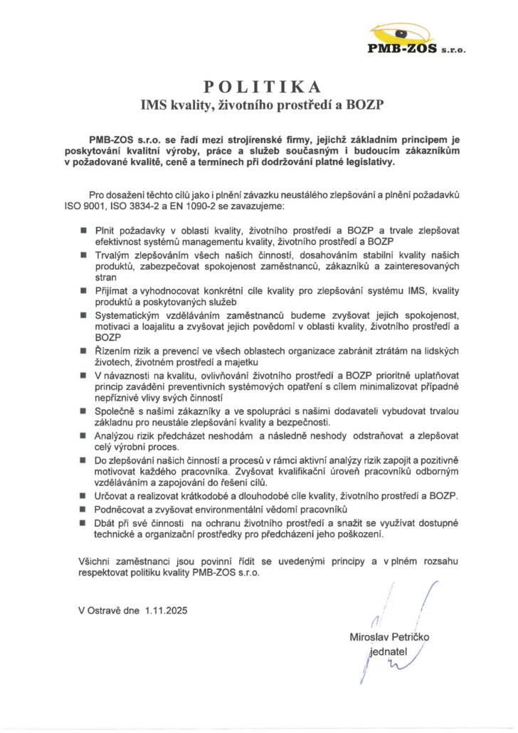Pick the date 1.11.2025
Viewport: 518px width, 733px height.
(167, 611)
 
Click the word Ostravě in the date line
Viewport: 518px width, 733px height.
(105, 611)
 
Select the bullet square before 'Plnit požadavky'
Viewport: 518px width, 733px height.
(83, 231)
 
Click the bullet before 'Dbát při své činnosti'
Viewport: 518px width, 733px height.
(83, 524)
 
